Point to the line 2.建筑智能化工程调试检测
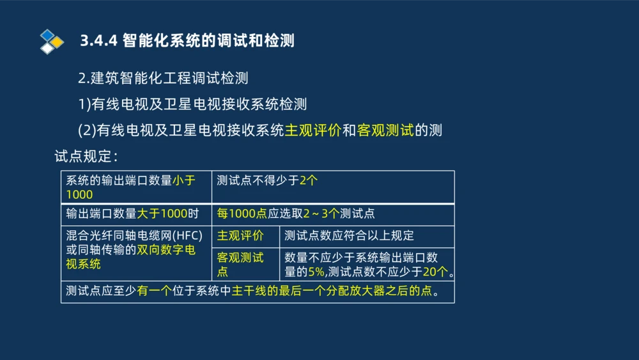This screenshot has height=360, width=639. point(163,79)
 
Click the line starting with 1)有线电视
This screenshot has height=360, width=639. point(192,104)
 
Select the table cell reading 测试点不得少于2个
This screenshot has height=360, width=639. point(267,181)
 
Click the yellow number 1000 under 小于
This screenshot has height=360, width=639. point(79,194)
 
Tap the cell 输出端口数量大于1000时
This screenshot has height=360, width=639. point(132,214)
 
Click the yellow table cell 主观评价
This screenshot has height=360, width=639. point(240,236)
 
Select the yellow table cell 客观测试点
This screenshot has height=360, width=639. point(240,264)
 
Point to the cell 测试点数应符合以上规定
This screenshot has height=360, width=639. point(349,236)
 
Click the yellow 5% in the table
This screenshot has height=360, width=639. point(316,271)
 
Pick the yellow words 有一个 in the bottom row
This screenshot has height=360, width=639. point(154,292)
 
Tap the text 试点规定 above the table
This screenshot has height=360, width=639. point(83,156)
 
